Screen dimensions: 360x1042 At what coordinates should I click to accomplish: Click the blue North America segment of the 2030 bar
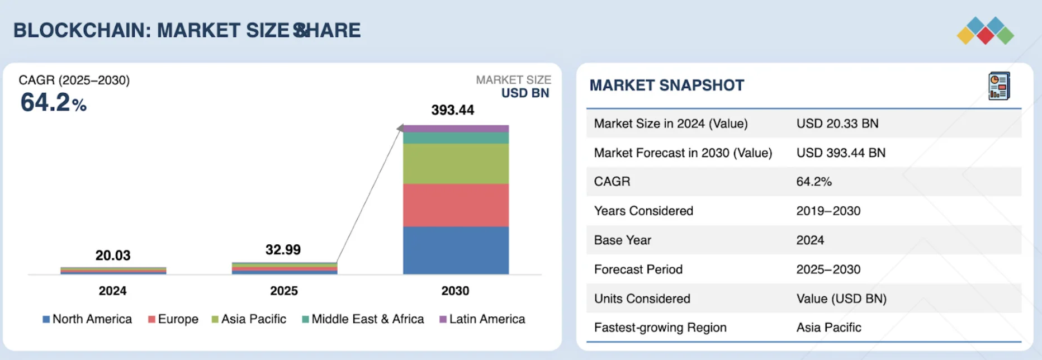[x=456, y=250]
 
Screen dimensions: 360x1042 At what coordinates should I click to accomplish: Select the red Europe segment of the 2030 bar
[x=456, y=205]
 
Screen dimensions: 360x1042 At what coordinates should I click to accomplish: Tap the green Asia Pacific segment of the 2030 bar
[x=456, y=163]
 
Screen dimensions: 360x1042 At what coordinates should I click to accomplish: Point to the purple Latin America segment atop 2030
[x=456, y=129]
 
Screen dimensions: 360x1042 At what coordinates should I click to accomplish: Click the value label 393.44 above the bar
[x=452, y=110]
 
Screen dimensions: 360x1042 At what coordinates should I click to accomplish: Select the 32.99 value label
[x=283, y=249]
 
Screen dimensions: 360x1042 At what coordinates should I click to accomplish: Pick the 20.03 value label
[x=113, y=255]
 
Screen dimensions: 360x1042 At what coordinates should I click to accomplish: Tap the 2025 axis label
[x=284, y=291]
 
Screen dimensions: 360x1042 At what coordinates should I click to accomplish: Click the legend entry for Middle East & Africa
[x=363, y=319]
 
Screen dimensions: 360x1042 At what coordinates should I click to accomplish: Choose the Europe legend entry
[x=173, y=319]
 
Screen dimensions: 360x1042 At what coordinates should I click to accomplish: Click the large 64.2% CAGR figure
[x=53, y=103]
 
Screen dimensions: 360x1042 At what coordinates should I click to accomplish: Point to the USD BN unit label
[x=525, y=93]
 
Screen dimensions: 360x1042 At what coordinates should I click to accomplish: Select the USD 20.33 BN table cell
[x=837, y=124]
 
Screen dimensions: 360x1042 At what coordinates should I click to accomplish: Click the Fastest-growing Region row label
[x=660, y=328]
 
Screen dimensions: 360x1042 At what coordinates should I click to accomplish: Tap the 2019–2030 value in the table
[x=828, y=211]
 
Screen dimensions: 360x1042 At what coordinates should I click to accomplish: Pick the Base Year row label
[x=622, y=240]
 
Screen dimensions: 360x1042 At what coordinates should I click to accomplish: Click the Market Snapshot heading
[x=666, y=86]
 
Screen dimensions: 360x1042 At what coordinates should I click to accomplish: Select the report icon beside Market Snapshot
[x=999, y=86]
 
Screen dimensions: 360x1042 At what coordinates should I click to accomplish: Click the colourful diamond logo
[x=985, y=31]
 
